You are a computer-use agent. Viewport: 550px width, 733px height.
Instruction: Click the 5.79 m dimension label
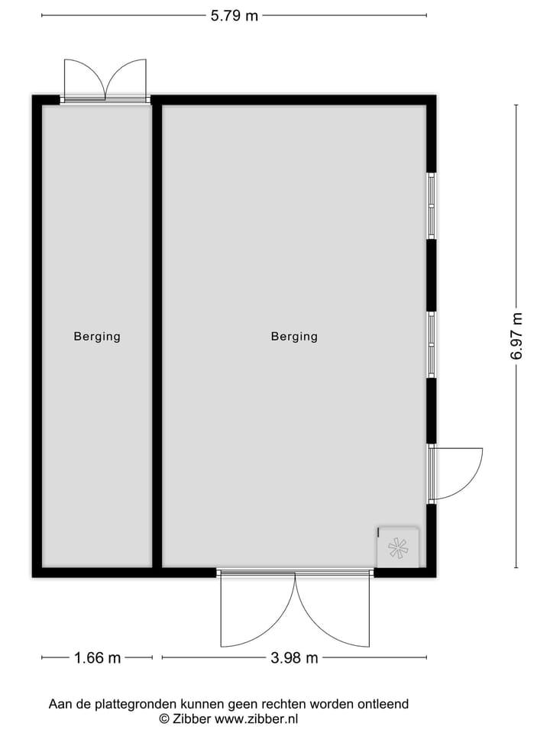pyautogui.click(x=235, y=15)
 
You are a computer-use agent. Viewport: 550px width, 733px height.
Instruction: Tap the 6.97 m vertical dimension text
pyautogui.click(x=517, y=336)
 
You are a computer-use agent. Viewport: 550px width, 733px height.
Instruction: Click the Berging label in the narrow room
pyautogui.click(x=97, y=336)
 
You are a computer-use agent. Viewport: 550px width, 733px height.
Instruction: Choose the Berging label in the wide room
pyautogui.click(x=294, y=336)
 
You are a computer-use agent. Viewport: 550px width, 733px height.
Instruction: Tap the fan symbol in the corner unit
pyautogui.click(x=398, y=547)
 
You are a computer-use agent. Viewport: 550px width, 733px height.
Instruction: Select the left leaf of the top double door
pyautogui.click(x=82, y=79)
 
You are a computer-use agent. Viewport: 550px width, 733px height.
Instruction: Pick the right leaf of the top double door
pyautogui.click(x=128, y=79)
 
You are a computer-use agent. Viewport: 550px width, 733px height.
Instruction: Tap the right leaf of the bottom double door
pyautogui.click(x=336, y=611)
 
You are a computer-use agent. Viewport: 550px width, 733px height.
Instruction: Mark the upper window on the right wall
pyautogui.click(x=432, y=205)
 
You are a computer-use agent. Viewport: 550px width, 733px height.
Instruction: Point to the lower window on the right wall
pyautogui.click(x=432, y=344)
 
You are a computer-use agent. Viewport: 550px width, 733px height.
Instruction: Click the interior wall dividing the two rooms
pyautogui.click(x=157, y=336)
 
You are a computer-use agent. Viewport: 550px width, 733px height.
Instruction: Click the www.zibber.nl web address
pyautogui.click(x=257, y=718)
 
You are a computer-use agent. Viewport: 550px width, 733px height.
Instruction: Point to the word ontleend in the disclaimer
pyautogui.click(x=383, y=704)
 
